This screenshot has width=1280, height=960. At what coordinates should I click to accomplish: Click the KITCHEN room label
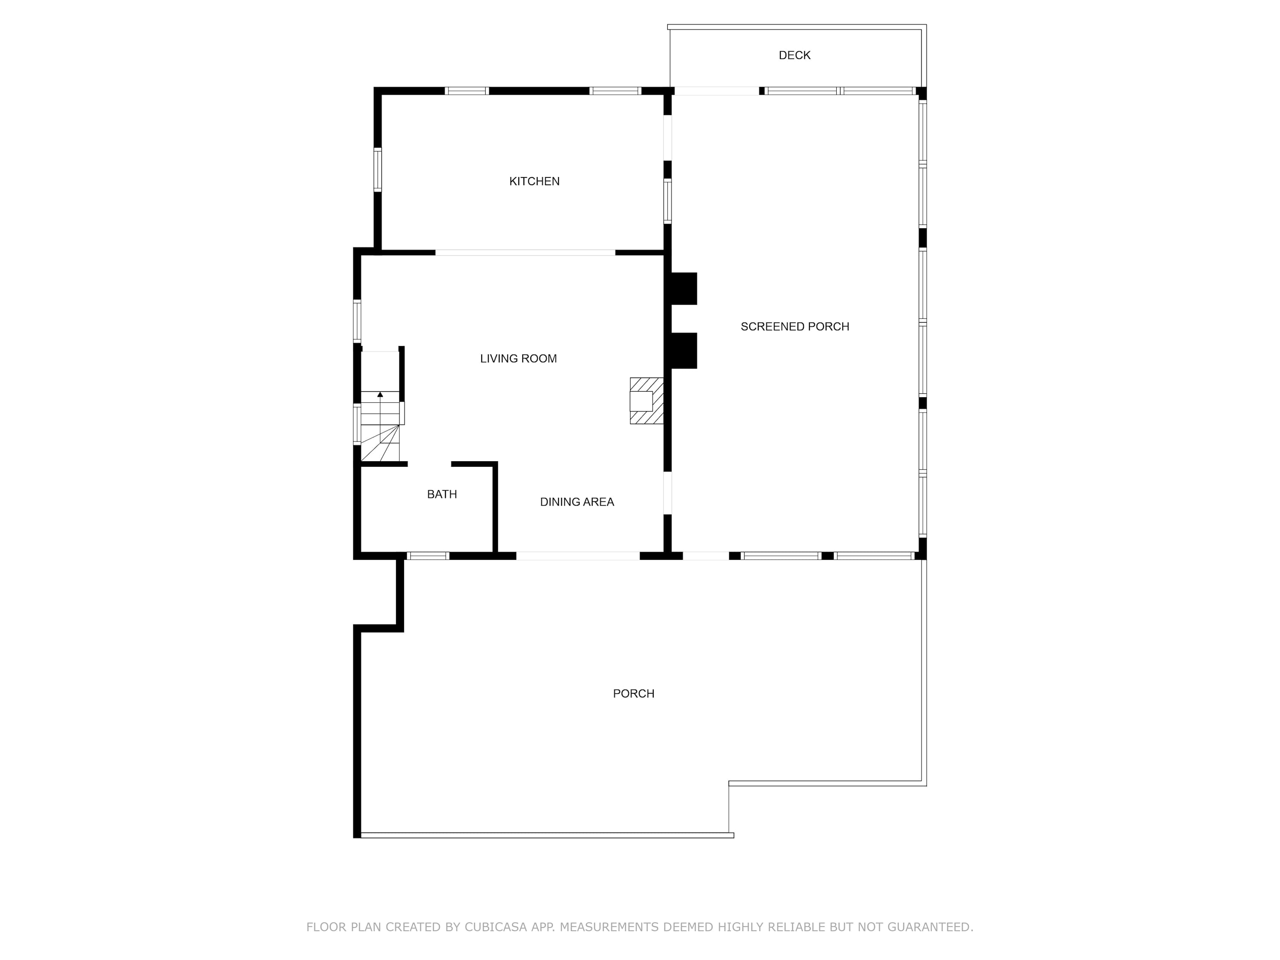pyautogui.click(x=534, y=181)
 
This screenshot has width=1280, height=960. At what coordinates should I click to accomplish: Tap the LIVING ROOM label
pyautogui.click(x=518, y=359)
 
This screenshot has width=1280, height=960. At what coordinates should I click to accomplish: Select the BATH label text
pyautogui.click(x=442, y=494)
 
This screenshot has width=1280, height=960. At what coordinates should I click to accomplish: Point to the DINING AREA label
pyautogui.click(x=577, y=502)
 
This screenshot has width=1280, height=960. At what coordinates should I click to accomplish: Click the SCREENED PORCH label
pyautogui.click(x=795, y=326)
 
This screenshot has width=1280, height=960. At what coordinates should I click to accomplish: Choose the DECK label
pyautogui.click(x=794, y=55)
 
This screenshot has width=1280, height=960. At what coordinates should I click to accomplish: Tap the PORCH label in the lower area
pyautogui.click(x=634, y=694)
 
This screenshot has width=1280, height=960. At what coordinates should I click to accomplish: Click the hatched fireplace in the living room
pyautogui.click(x=646, y=401)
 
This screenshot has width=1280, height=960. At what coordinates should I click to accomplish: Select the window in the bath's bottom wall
pyautogui.click(x=428, y=556)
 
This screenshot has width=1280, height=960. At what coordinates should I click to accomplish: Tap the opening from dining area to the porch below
pyautogui.click(x=578, y=556)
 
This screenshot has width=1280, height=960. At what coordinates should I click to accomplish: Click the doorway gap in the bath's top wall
pyautogui.click(x=429, y=464)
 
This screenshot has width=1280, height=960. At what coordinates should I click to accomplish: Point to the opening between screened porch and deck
pyautogui.click(x=717, y=91)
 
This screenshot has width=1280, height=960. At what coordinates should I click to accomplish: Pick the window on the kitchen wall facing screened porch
pyautogui.click(x=667, y=201)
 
